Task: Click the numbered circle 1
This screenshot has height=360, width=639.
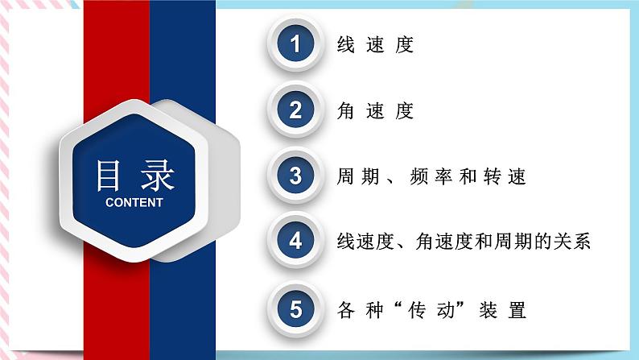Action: coord(295,44)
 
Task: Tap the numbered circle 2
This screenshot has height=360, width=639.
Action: coord(295,110)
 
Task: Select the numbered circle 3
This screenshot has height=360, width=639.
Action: coord(295,176)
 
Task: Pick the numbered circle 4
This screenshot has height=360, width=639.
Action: coord(295,242)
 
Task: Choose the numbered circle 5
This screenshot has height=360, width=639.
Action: coord(295,308)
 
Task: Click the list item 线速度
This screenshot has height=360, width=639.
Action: coord(375,45)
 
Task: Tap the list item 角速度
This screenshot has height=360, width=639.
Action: coord(375,111)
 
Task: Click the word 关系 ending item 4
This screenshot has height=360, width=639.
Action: coord(577,242)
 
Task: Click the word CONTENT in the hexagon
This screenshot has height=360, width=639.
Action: coord(134,202)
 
